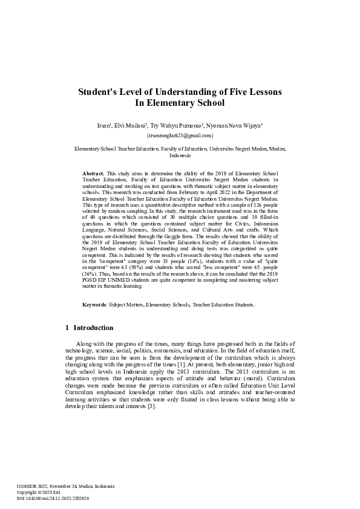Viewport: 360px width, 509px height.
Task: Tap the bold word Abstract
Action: [93, 173]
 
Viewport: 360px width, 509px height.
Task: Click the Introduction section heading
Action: [93, 328]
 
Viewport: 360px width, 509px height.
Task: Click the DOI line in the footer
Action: [53, 498]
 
